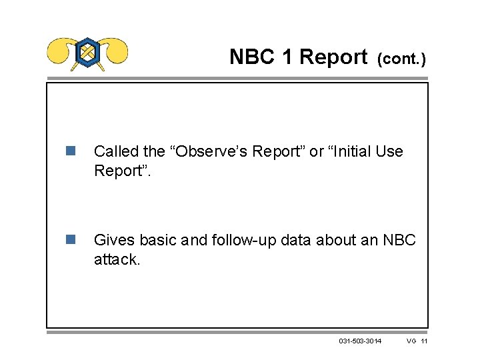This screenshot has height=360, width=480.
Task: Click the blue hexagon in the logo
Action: click(x=87, y=52)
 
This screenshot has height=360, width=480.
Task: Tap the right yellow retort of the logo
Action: click(x=114, y=49)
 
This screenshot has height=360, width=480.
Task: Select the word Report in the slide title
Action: click(x=333, y=57)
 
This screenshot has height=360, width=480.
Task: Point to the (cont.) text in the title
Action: click(x=401, y=59)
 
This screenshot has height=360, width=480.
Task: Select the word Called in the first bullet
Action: click(x=117, y=151)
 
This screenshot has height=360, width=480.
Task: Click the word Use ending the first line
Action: click(x=389, y=151)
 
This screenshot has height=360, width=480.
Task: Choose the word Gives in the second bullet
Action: click(x=113, y=239)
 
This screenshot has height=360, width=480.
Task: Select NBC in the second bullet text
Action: click(x=399, y=239)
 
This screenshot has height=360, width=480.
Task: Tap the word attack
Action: click(x=117, y=259)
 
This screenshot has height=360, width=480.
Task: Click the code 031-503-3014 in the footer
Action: click(x=360, y=341)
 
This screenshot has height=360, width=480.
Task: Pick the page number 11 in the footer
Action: click(x=425, y=341)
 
